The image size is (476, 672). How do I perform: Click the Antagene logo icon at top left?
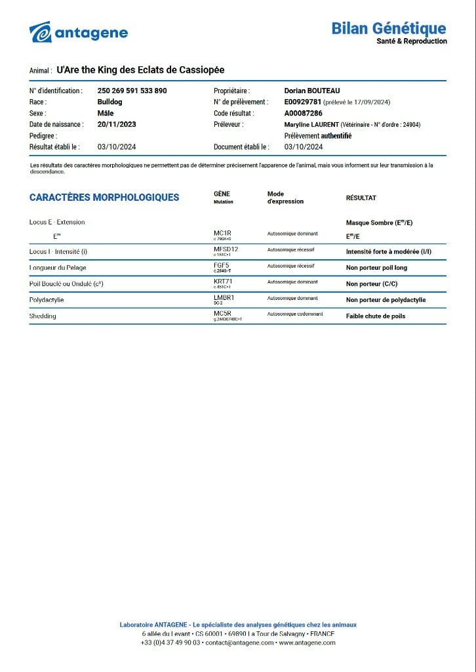41,32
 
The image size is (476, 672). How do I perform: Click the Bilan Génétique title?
388,28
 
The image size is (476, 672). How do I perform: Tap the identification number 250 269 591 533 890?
132,91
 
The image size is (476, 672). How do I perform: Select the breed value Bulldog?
109,102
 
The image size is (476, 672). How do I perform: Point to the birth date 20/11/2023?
117,124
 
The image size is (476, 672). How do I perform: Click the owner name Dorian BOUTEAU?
312,91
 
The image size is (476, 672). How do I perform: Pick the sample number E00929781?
302,102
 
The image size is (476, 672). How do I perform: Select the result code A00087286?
304,113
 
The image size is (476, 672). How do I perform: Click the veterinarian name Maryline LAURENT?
311,125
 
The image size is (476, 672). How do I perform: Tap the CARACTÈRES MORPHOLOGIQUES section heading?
104,197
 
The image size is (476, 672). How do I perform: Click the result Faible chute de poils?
376,316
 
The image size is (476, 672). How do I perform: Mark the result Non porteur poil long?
376,268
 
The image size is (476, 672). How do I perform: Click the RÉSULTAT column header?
361,198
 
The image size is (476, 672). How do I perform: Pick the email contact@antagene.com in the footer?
239,642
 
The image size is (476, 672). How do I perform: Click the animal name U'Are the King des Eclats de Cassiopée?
141,70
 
